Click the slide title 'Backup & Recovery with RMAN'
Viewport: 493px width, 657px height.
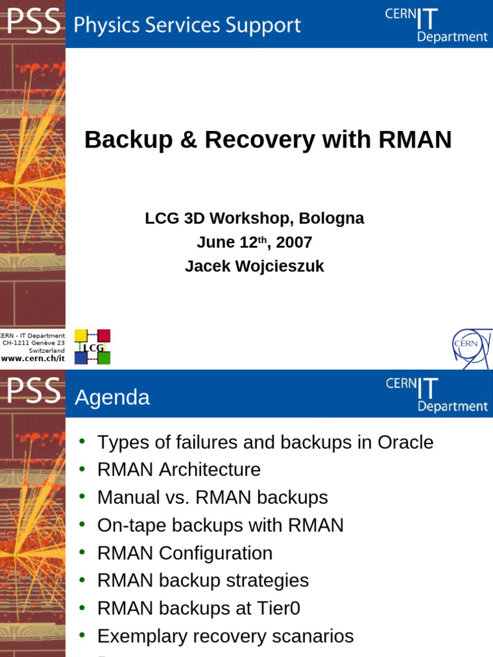(x=268, y=140)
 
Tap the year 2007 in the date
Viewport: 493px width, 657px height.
(x=294, y=243)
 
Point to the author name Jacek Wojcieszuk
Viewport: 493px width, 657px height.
(x=254, y=266)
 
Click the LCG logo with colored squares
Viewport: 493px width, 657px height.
(x=92, y=346)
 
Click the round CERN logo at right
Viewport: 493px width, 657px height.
(x=472, y=347)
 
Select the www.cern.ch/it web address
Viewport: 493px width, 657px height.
(x=33, y=359)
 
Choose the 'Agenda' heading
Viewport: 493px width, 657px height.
(x=112, y=398)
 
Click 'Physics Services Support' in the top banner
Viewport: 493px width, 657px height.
(x=187, y=25)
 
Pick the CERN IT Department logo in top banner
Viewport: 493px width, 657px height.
(x=436, y=24)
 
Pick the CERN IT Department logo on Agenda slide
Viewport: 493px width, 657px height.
(x=436, y=394)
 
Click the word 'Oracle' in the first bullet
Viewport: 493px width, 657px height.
(x=405, y=442)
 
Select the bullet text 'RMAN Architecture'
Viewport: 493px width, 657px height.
(x=178, y=470)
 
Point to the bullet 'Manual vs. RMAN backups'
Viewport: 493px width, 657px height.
(x=212, y=497)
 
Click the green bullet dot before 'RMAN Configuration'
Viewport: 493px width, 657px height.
(x=82, y=552)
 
